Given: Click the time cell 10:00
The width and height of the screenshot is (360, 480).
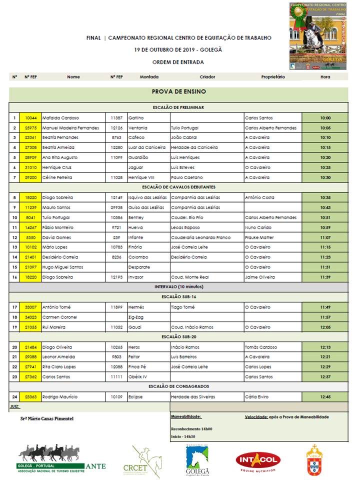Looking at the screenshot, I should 325,118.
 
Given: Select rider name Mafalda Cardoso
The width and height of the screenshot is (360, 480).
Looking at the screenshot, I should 57,118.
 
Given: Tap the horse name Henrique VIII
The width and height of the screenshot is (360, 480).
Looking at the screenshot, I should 139,177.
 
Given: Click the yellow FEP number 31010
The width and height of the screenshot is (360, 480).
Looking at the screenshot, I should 30,167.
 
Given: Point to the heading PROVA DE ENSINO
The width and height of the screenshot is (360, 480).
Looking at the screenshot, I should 178,92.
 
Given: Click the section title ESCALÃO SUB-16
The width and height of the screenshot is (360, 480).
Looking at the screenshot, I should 178,297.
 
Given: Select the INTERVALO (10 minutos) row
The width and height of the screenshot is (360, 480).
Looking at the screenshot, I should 178,287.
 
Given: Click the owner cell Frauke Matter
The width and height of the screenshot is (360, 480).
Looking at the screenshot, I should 260,237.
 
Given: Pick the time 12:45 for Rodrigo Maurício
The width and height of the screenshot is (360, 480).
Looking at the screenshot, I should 325,397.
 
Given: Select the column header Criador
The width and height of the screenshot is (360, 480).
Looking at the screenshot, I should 207,77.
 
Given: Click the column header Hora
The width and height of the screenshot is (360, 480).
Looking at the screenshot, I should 325,77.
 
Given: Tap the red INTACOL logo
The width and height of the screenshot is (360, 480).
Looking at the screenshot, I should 258,461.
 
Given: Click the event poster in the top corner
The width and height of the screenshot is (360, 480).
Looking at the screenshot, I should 318,36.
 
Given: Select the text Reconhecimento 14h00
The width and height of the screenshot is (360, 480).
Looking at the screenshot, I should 191,429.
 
